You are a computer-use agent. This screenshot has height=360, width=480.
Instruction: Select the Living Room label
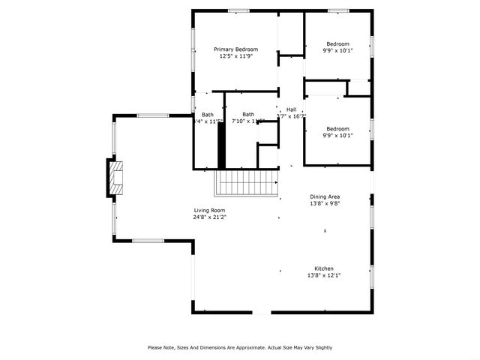point(209,211)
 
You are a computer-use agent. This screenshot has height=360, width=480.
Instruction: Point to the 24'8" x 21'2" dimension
point(209,217)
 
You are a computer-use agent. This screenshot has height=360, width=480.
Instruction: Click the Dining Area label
point(325,196)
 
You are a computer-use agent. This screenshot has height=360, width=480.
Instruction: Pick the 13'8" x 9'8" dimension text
point(325,203)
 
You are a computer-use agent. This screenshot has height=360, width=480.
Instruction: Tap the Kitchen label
point(324,268)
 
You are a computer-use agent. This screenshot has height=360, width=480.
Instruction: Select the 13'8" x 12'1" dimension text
point(324,275)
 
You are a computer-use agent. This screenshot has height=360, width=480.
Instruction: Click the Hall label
point(291,109)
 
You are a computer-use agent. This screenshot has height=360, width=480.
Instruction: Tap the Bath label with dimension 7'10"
point(248,114)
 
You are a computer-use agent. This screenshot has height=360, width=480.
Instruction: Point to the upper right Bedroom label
point(337,43)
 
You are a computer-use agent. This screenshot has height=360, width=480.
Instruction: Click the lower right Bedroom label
point(337,129)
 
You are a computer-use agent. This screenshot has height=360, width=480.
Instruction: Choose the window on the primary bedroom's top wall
point(238,10)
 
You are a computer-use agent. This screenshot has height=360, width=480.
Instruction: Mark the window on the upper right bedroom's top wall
point(338,10)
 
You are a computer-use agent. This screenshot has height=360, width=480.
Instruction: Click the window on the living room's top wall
point(152,115)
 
